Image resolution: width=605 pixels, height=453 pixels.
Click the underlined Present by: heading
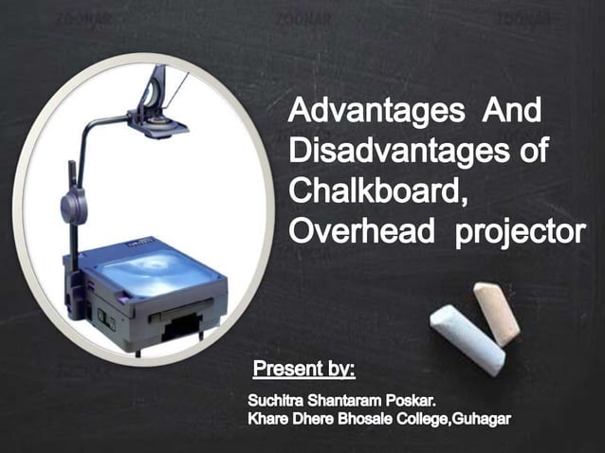(304, 366)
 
